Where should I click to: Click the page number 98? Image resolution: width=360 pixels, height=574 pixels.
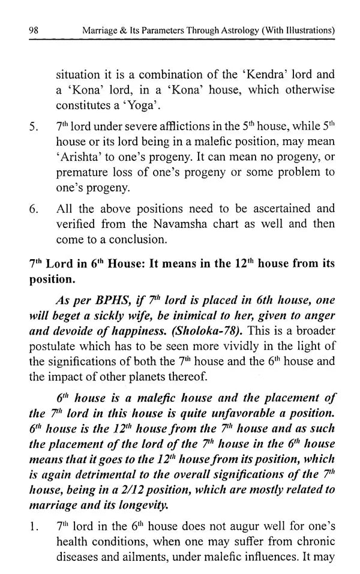[26, 29]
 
